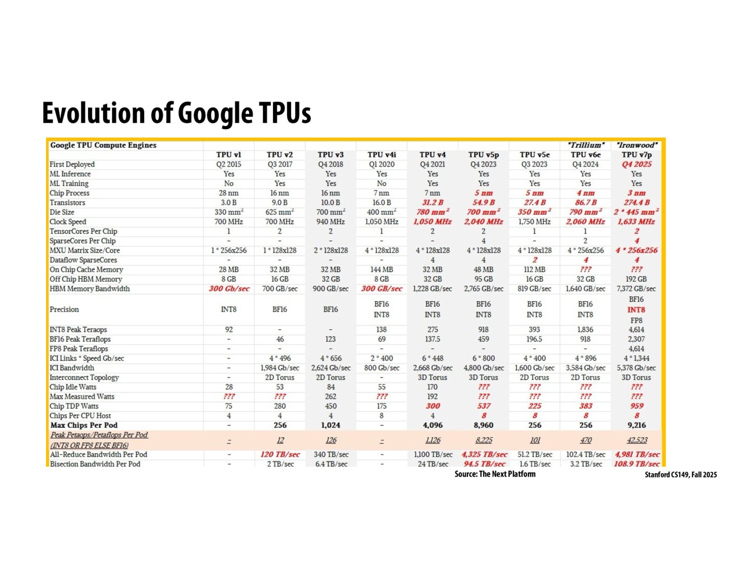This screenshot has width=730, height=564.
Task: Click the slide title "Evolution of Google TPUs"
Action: click(176, 113)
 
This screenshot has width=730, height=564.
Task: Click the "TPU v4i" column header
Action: click(381, 155)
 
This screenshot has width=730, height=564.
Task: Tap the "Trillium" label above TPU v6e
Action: click(585, 145)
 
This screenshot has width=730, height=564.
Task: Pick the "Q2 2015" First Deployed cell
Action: click(228, 164)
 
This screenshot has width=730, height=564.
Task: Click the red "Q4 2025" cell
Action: click(636, 164)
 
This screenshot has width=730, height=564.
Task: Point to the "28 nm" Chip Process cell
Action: click(228, 193)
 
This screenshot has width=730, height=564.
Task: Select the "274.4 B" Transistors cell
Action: click(636, 203)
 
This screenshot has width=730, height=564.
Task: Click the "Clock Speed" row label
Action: click(68, 222)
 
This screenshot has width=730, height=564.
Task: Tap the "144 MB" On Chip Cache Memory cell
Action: click(381, 270)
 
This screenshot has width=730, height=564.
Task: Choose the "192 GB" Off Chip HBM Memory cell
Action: click(636, 279)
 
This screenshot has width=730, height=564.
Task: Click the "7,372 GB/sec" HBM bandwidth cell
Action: click(636, 289)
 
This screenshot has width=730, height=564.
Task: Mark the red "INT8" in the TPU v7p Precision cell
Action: click(636, 310)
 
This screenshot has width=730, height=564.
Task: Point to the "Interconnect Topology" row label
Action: click(84, 377)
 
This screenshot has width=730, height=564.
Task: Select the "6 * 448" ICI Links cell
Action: click(432, 358)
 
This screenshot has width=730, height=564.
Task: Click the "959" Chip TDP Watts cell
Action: click(636, 406)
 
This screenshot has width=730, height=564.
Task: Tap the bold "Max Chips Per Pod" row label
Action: click(84, 425)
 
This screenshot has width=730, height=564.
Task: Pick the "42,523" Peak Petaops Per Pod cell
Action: click(636, 440)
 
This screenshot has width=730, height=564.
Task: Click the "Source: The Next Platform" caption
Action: click(495, 474)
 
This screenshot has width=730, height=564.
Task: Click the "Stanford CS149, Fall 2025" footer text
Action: click(680, 475)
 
